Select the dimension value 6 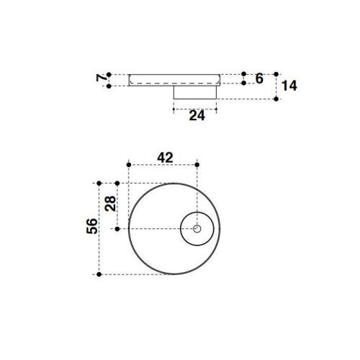coord(259,78)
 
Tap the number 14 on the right coord(290,86)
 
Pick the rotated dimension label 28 coord(110,204)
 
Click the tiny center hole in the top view coord(197,229)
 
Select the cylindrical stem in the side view coord(196,92)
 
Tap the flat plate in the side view coord(174,79)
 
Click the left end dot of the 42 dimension coord(128,165)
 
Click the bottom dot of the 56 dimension coord(99,274)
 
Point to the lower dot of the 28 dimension coord(117,229)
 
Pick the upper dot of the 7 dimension coord(108,73)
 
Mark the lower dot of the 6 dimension coord(244,84)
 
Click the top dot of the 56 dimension coord(99,184)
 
